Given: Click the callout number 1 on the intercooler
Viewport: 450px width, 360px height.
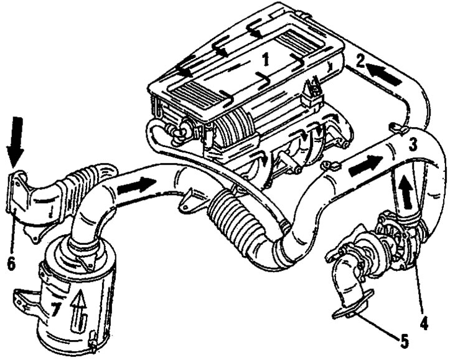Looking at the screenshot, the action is tap(266, 60).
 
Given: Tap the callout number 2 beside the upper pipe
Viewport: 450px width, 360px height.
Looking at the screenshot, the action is tap(360, 61).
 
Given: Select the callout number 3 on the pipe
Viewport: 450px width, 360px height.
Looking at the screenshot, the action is tap(413, 144).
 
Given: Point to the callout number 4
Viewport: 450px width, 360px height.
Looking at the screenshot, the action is tap(424, 323).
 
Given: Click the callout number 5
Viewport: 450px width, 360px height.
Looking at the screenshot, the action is tap(404, 341).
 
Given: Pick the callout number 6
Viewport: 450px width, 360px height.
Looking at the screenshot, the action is tap(11, 263).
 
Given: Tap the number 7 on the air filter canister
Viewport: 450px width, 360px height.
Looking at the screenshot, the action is tap(55, 310).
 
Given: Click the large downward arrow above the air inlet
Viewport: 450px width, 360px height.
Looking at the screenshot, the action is tap(16, 142).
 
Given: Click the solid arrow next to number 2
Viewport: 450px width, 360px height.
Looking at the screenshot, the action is tap(383, 75).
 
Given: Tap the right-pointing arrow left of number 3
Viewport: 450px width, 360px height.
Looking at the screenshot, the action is tap(365, 166).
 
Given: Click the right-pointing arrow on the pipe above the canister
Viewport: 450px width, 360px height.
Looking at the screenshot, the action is tap(136, 186).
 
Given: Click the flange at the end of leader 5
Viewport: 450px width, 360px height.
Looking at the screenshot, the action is tap(352, 305).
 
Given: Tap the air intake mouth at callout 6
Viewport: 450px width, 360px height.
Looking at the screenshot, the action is tap(18, 192).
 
